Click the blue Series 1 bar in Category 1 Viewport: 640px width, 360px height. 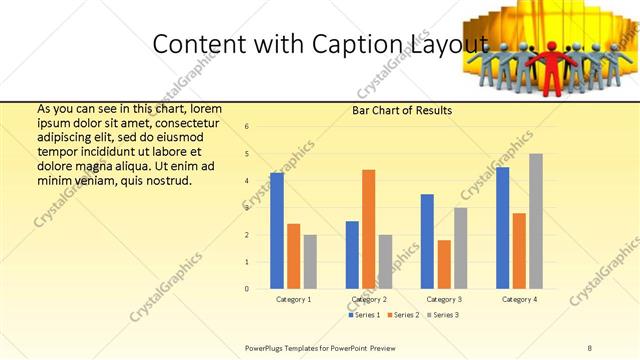277,231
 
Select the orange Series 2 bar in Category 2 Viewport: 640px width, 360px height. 368,229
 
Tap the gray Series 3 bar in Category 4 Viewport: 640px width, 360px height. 536,221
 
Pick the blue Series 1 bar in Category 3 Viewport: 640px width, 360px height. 428,241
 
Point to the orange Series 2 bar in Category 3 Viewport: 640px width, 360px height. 444,264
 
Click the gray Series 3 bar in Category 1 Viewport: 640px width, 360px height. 310,262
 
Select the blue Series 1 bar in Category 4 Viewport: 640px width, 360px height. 502,228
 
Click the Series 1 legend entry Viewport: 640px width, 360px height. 363,315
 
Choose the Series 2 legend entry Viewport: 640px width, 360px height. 402,315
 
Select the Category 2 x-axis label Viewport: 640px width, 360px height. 369,300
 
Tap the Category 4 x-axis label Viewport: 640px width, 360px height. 519,300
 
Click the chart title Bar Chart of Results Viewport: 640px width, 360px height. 402,110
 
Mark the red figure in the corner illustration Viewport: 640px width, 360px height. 553,67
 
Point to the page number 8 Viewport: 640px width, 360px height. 589,347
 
